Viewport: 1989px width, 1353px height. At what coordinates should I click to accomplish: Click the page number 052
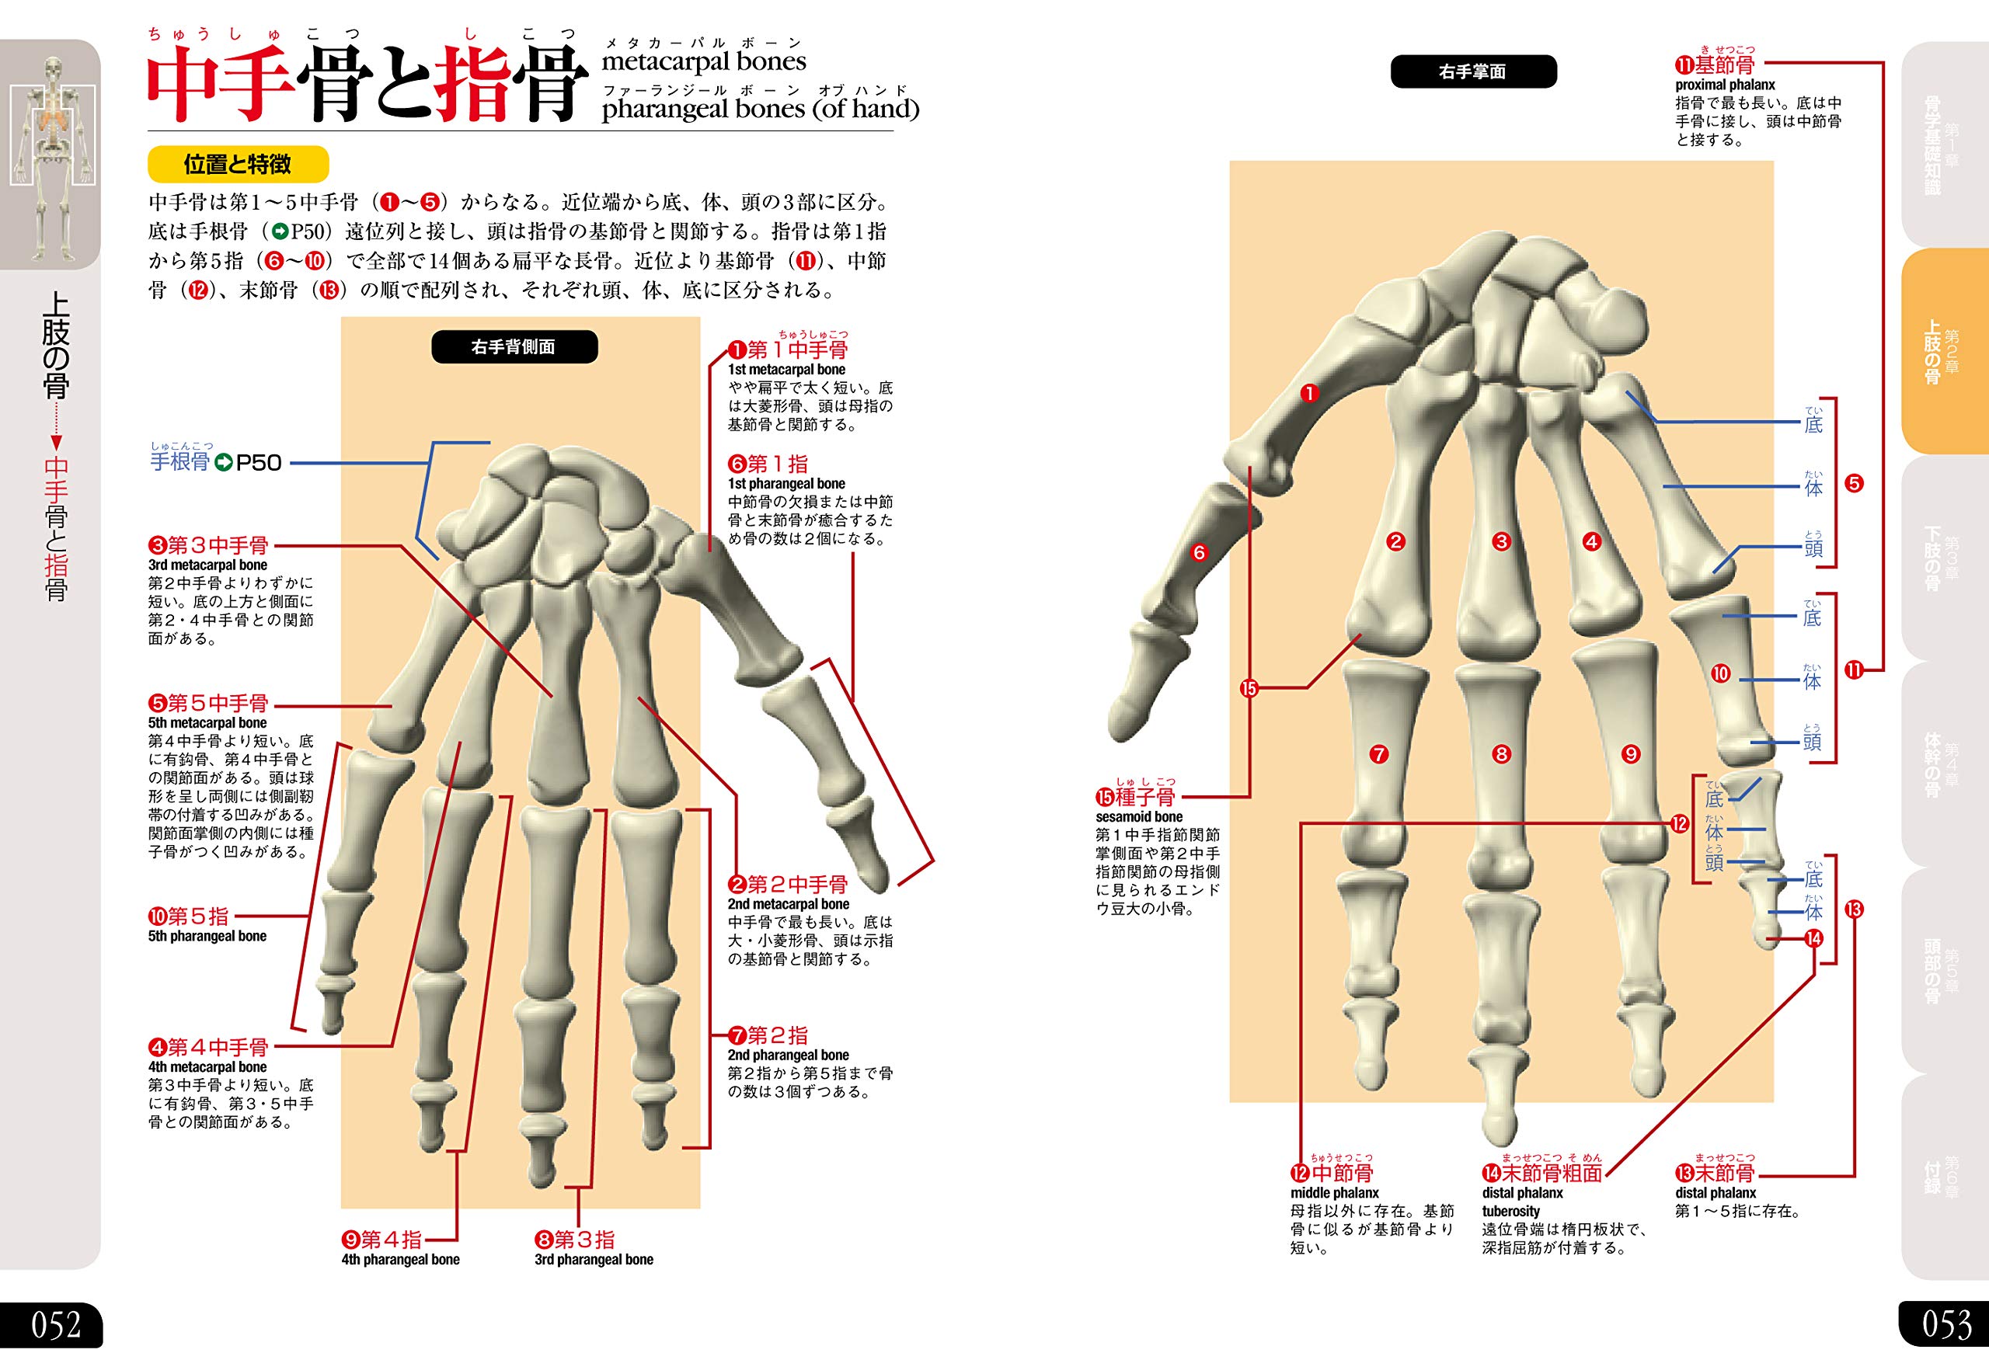[56, 1325]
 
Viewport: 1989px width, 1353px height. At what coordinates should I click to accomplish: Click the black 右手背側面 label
[514, 346]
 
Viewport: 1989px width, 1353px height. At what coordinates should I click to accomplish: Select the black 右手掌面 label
[1472, 72]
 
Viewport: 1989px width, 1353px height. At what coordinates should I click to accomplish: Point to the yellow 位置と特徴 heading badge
[238, 165]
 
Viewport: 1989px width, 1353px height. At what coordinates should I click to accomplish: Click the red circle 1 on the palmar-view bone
[1309, 394]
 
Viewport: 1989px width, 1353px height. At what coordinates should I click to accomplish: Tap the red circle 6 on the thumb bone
[1198, 553]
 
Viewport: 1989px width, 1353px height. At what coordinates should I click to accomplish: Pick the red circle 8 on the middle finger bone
[1501, 754]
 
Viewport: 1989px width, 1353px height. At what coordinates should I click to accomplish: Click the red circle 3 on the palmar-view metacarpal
[1501, 541]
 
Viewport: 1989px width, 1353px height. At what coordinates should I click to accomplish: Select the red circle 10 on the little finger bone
[1720, 673]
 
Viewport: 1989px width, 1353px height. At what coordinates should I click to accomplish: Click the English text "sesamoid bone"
[1139, 817]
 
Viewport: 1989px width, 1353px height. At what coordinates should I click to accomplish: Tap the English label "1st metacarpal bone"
[786, 370]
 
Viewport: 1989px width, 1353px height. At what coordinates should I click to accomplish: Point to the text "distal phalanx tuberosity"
[1522, 1202]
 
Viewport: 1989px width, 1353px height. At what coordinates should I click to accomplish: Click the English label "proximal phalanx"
[1726, 85]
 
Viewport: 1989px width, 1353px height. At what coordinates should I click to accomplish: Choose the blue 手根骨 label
[179, 462]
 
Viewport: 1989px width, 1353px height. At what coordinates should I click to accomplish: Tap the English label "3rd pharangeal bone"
[594, 1260]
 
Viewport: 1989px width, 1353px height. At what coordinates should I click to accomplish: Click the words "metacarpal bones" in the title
[703, 61]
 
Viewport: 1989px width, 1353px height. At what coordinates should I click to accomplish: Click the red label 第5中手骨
[209, 704]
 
